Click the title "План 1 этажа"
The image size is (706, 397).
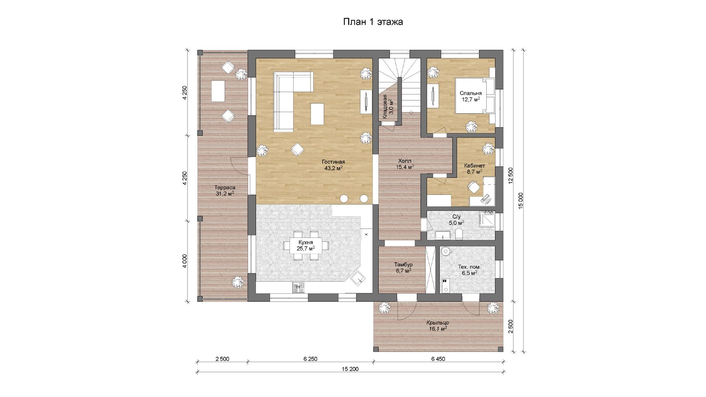coord(373,22)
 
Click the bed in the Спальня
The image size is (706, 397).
coord(474,95)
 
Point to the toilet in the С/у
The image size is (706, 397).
coord(459,234)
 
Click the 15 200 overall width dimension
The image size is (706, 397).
coord(350,369)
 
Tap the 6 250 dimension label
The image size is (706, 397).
coord(311,359)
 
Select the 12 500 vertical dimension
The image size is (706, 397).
coord(511,176)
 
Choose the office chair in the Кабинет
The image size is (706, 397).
coord(473,187)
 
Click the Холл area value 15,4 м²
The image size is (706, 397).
coord(405,167)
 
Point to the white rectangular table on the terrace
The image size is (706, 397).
coord(218,91)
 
